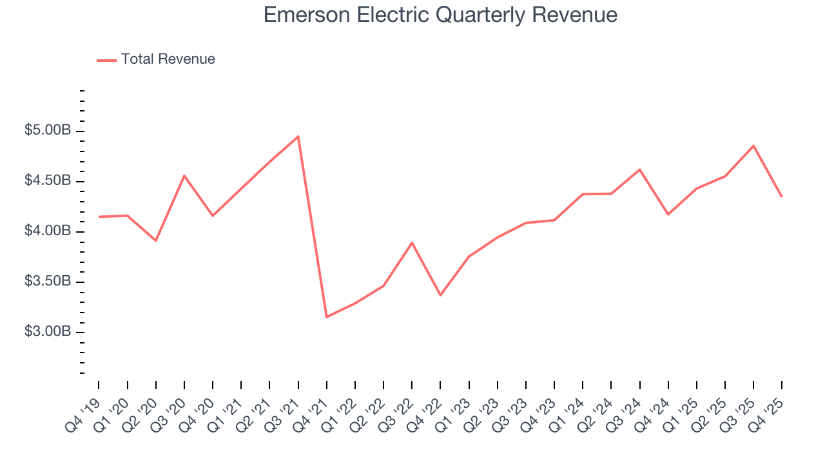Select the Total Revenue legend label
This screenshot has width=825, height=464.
(x=168, y=59)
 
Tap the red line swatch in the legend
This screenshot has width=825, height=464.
(x=106, y=60)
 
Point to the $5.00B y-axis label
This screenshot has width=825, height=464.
(x=48, y=131)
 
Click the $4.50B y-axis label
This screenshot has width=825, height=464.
(x=48, y=181)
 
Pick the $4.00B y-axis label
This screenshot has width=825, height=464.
(x=48, y=231)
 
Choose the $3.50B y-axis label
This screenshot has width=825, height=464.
(x=48, y=282)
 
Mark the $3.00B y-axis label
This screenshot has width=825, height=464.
(x=48, y=332)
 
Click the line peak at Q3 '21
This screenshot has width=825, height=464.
(x=298, y=136)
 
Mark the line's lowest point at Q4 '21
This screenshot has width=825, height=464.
(x=327, y=317)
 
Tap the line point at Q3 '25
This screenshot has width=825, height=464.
(x=753, y=146)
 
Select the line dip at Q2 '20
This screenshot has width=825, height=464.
(x=156, y=240)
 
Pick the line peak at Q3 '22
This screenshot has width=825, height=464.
(x=412, y=243)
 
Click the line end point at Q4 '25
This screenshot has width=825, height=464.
(x=782, y=197)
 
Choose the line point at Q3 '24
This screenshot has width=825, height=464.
(x=639, y=169)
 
